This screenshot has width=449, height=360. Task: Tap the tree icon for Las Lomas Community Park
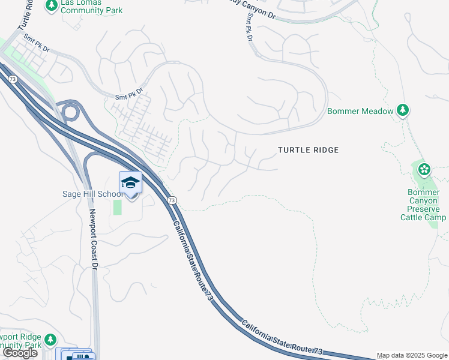tap(51, 5)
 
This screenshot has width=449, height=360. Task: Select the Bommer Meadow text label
tap(360, 111)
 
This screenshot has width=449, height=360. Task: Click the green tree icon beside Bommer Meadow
tap(404, 110)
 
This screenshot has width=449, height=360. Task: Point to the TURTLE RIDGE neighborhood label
tap(308, 150)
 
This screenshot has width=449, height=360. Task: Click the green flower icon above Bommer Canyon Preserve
tap(424, 169)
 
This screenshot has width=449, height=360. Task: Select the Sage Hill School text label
tap(94, 194)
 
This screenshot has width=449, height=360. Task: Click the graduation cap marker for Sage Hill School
tap(130, 182)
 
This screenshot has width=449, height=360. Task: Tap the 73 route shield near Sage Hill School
tap(172, 200)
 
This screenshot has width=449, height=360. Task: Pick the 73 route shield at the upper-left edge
tap(11, 78)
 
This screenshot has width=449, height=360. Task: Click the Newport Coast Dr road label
tap(94, 240)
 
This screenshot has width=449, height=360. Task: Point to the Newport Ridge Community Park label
tap(21, 341)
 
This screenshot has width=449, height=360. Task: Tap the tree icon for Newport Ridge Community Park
tap(50, 340)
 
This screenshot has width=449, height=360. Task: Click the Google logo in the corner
tap(20, 353)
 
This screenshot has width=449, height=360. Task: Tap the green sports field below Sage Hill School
tap(117, 207)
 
